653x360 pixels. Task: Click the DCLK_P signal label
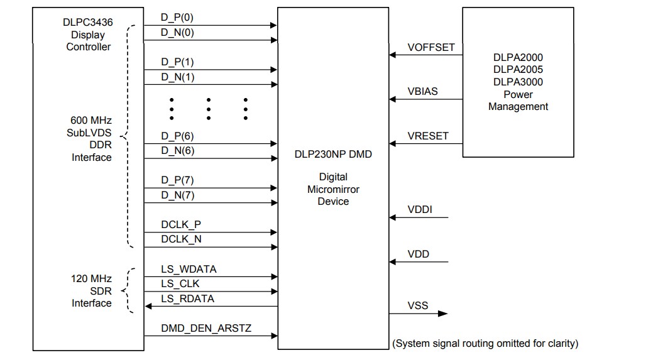click(181, 224)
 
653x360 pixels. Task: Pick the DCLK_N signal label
click(181, 239)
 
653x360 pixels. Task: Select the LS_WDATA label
click(189, 269)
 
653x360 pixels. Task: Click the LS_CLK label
click(180, 283)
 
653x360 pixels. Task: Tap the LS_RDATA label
click(187, 298)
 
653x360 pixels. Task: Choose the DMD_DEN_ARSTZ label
click(206, 328)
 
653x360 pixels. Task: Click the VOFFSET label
click(431, 47)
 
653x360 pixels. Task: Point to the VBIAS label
click(423, 91)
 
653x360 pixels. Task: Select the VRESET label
click(427, 136)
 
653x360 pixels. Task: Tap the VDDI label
click(420, 210)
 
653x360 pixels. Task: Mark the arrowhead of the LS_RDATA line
click(148, 306)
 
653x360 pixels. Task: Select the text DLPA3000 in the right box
click(518, 82)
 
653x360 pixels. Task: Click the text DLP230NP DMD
click(333, 155)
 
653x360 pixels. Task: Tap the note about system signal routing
click(485, 343)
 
